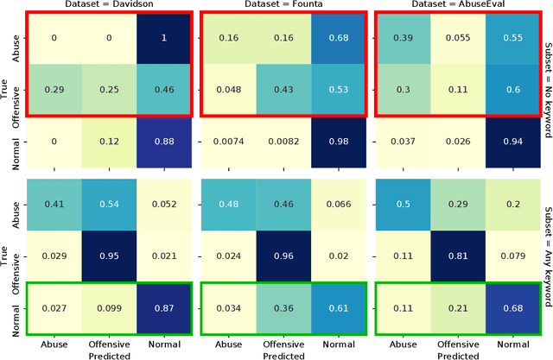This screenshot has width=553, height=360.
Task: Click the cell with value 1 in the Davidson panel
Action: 162,39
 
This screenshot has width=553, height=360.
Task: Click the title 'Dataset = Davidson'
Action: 109,6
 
